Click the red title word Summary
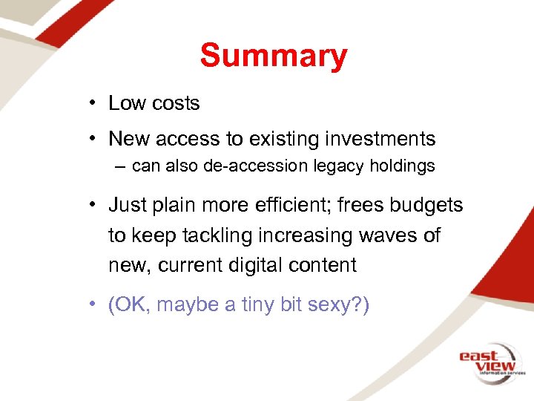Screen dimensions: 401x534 coord(273,56)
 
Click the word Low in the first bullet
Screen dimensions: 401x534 coord(126,103)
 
